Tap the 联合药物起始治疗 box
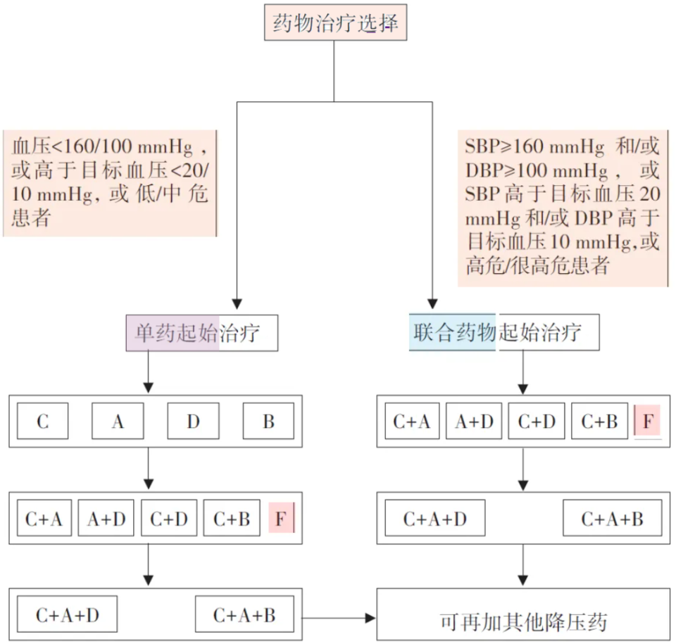503,333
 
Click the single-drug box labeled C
43,422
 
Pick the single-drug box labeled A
118,422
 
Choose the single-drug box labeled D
193,422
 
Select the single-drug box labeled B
268,422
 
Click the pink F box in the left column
281,519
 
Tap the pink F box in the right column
648,422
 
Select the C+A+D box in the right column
434,519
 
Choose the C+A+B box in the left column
244,615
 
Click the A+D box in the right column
475,422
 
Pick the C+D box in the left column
169,519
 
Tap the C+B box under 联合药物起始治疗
599,422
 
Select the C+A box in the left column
44,519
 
